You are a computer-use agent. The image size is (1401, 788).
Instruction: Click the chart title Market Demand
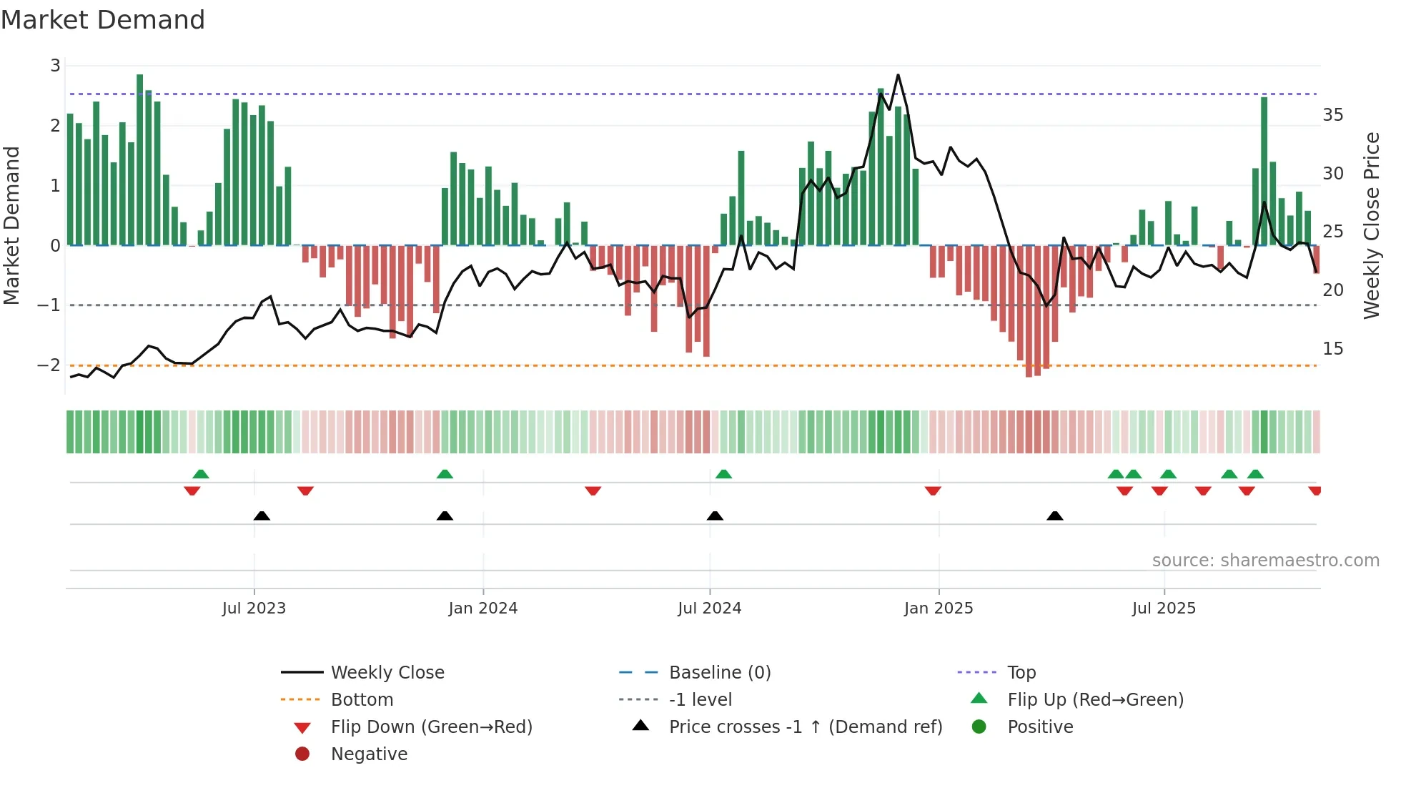(x=103, y=20)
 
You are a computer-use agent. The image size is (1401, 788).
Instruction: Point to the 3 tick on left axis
(x=55, y=66)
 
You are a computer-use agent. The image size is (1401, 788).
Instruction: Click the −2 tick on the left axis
(x=49, y=365)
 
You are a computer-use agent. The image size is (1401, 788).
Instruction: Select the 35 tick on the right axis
(x=1332, y=115)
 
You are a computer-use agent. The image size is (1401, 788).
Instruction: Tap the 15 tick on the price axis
(x=1332, y=349)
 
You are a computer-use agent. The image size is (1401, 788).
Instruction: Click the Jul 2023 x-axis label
(x=254, y=609)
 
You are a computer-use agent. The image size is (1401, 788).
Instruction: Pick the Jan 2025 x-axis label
(x=938, y=609)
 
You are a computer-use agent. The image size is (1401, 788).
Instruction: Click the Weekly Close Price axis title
(x=1371, y=225)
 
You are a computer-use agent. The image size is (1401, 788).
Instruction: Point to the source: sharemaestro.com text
(x=1265, y=561)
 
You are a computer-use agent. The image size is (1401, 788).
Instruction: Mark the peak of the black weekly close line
(x=898, y=75)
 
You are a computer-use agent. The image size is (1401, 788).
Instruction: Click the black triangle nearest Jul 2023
(x=262, y=516)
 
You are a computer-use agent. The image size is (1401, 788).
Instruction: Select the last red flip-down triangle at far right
(x=1315, y=491)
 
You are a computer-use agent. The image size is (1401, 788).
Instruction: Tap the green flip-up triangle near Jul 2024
(x=723, y=474)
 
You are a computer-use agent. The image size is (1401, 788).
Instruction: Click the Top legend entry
(x=1021, y=673)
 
